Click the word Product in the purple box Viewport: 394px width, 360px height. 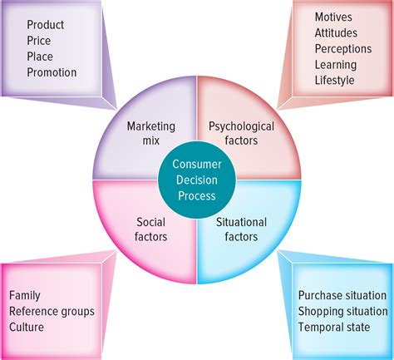pyautogui.click(x=45, y=25)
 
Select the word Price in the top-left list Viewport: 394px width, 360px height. pyautogui.click(x=39, y=41)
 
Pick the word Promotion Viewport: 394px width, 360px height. pyautogui.click(x=52, y=72)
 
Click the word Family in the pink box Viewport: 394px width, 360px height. pyautogui.click(x=25, y=295)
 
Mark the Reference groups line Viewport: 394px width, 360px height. pyautogui.click(x=52, y=311)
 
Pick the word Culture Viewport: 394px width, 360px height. pyautogui.click(x=27, y=327)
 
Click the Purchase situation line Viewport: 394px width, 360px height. pyautogui.click(x=342, y=295)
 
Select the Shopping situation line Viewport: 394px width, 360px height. pyautogui.click(x=342, y=311)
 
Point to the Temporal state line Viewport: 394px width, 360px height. pyautogui.click(x=333, y=327)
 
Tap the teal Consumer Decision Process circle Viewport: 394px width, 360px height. pyautogui.click(x=197, y=179)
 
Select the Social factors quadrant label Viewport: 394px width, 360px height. pyautogui.click(x=150, y=229)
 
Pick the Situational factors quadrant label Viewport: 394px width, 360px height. pyautogui.click(x=241, y=229)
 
